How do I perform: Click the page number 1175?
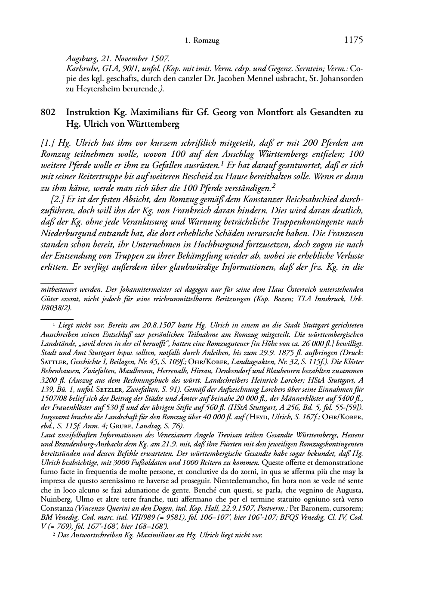tap(354, 41)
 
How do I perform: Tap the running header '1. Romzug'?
tap(202, 41)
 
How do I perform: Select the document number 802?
tap(47, 112)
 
